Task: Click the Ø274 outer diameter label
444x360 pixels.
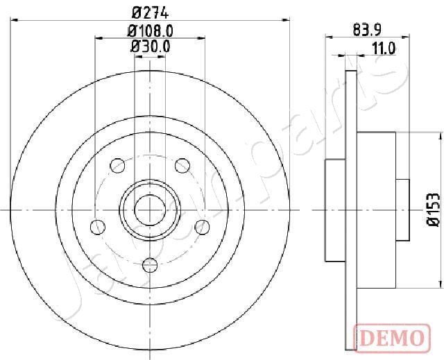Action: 149,12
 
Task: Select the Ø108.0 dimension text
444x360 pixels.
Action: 149,30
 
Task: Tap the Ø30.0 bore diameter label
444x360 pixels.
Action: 149,46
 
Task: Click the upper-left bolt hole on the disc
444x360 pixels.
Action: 117,165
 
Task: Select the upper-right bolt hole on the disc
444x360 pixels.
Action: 182,165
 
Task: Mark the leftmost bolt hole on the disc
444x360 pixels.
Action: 98,226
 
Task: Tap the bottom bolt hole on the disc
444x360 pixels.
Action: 150,264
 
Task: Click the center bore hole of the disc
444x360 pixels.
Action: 150,209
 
